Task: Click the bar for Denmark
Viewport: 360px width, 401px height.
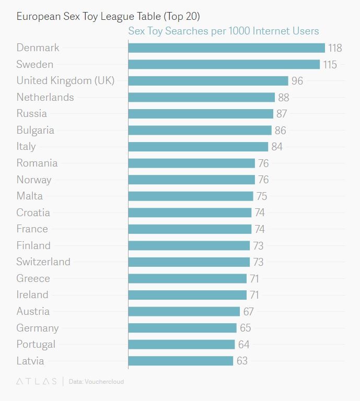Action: coord(226,48)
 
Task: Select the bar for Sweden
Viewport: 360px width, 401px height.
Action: coord(224,64)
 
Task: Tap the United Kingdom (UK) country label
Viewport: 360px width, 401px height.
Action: coord(65,80)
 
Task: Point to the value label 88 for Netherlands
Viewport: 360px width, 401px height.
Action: coord(284,97)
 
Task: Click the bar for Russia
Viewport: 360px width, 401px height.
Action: coord(201,114)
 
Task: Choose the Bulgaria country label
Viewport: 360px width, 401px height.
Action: coord(36,130)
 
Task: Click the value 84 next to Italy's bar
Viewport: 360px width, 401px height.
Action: coord(277,147)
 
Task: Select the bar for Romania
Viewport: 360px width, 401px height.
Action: coord(191,163)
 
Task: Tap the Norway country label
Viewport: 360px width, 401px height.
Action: coord(34,180)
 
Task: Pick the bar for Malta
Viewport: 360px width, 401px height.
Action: coord(191,196)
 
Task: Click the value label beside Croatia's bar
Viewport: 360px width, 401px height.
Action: coord(260,213)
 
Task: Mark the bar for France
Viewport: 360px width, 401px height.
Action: coord(190,229)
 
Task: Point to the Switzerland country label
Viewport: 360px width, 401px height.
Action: coord(43,262)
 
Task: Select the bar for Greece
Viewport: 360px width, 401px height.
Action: coord(187,278)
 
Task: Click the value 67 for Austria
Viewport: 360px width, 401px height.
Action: coord(248,311)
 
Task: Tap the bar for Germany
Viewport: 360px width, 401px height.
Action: coord(182,328)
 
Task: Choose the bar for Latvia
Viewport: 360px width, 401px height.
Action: coord(180,361)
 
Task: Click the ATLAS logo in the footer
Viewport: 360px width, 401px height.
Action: coord(37,382)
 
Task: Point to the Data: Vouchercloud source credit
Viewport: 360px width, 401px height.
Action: coord(96,382)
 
